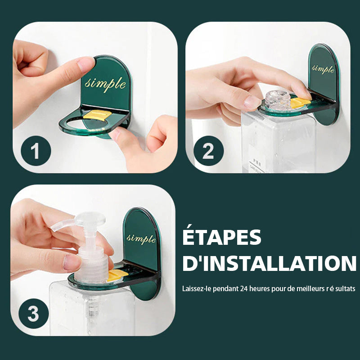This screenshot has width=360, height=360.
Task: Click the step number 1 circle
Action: click(x=36, y=151)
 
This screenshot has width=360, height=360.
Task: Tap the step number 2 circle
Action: click(x=208, y=151)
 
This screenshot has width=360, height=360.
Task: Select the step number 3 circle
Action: click(x=33, y=314)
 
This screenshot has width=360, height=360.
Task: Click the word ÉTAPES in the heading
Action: click(x=222, y=237)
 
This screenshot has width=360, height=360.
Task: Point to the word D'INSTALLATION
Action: click(x=269, y=263)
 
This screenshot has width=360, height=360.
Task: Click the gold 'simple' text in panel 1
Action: click(x=105, y=83)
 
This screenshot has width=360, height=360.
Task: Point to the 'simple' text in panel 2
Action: click(x=323, y=69)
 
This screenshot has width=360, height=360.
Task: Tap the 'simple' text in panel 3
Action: click(x=141, y=238)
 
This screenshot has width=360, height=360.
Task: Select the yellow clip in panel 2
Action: click(x=300, y=102)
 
